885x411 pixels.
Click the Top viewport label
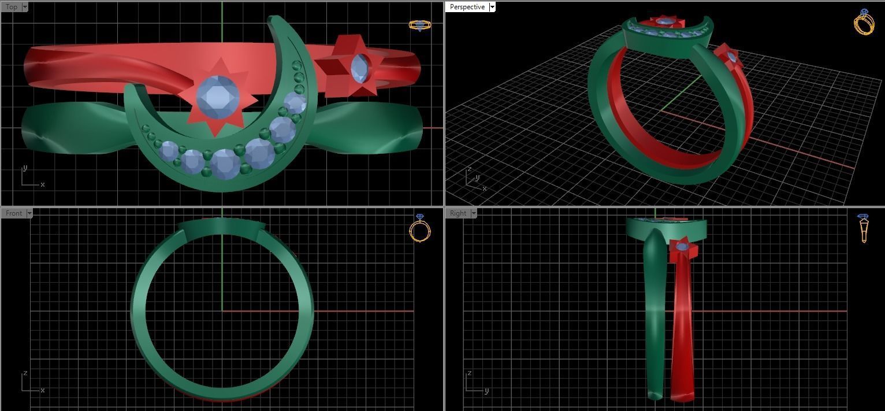click(x=12, y=7)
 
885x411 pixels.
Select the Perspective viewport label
click(x=467, y=7)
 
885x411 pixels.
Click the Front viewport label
click(x=13, y=213)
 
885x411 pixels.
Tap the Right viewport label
click(x=458, y=213)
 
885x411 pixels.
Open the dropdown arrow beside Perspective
click(x=492, y=7)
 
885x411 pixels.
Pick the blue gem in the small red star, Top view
click(x=360, y=68)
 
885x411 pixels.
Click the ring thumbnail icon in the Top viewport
click(x=420, y=25)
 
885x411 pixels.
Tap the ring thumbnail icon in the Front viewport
click(x=420, y=228)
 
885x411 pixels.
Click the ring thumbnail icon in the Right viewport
click(x=863, y=228)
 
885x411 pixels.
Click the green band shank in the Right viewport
click(x=655, y=312)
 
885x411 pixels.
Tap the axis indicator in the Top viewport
click(x=30, y=177)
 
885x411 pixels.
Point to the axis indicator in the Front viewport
click(x=30, y=383)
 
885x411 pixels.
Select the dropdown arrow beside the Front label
click(x=29, y=213)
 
